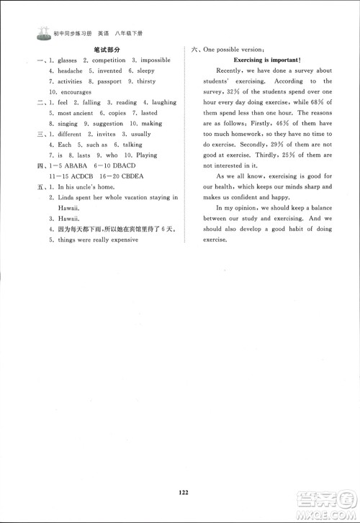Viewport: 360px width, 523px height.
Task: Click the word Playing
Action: [147, 155]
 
